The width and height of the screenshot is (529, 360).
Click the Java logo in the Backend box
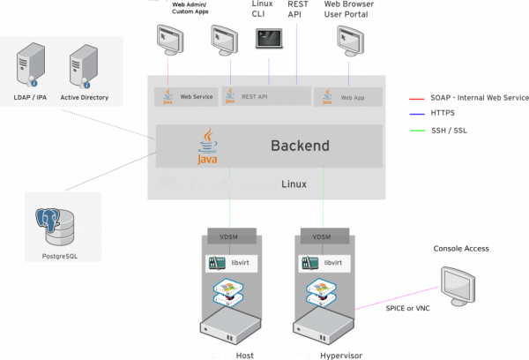(x=207, y=147)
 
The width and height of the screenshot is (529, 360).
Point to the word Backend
(x=300, y=146)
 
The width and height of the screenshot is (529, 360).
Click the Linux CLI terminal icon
(x=269, y=38)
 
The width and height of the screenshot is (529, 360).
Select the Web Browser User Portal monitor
(x=351, y=39)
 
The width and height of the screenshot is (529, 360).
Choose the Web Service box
(x=186, y=95)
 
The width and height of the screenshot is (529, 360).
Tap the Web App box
(x=346, y=95)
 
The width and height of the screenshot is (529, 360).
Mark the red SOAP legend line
(x=421, y=98)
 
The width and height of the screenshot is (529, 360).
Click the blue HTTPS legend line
(x=421, y=114)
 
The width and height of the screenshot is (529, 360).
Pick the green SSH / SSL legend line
(x=421, y=131)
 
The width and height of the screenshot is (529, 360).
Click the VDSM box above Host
(x=231, y=236)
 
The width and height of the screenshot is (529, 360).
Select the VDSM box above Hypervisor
(x=323, y=236)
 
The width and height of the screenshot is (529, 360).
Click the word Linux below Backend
(x=294, y=184)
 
